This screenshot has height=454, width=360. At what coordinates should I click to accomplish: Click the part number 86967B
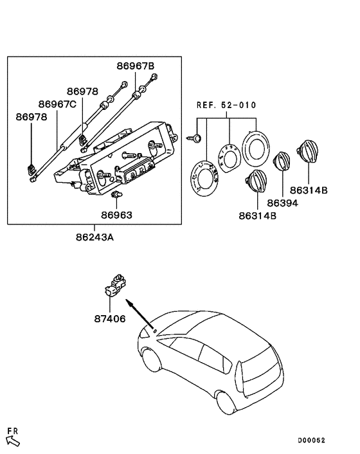136,66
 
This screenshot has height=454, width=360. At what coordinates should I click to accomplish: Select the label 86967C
57,104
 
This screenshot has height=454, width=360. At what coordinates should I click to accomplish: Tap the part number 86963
116,215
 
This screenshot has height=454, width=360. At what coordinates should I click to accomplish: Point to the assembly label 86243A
94,237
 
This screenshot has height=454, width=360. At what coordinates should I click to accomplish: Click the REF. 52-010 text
226,105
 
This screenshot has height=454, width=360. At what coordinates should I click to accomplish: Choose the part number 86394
282,203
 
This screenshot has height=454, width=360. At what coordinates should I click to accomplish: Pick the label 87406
110,319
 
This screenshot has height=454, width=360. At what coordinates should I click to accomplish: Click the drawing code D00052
311,440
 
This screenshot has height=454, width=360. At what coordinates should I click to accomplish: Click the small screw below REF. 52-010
195,138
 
